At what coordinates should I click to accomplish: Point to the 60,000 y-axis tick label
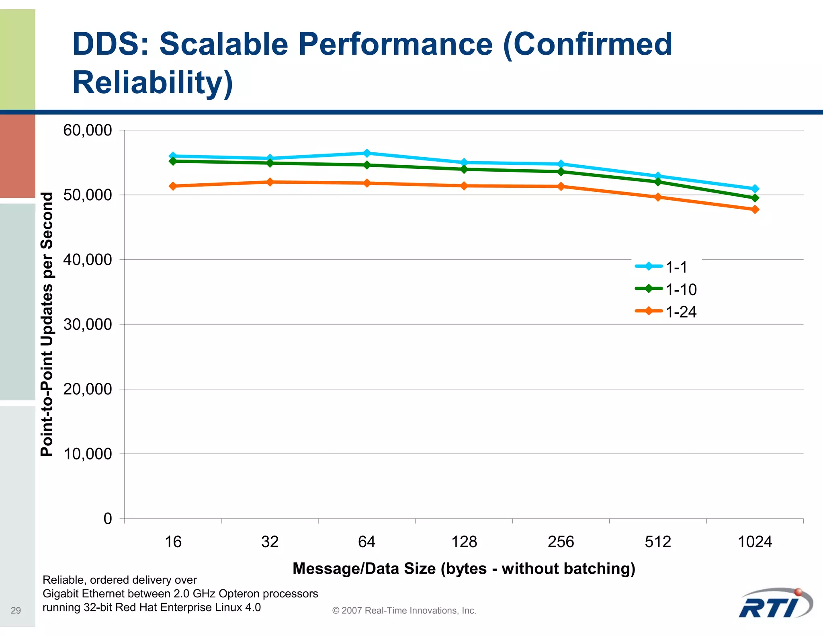87,130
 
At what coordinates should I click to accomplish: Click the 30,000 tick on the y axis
87,324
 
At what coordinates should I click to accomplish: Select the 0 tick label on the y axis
107,519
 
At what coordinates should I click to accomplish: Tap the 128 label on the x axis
464,542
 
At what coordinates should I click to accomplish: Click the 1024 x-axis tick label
755,542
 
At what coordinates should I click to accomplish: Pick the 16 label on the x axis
173,542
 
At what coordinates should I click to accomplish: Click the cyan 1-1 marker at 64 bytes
367,153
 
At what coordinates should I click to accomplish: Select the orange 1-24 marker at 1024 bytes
755,209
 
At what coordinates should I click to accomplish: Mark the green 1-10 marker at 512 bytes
658,182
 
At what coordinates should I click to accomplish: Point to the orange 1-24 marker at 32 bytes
270,182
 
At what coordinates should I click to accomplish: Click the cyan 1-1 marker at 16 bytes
173,156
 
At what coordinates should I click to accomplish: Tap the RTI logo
776,604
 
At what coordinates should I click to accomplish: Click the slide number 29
16,610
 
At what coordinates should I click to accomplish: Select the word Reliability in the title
152,82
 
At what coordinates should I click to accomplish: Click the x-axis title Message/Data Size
464,568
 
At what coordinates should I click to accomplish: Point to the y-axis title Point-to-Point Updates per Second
47,324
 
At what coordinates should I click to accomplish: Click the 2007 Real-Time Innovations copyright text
404,610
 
